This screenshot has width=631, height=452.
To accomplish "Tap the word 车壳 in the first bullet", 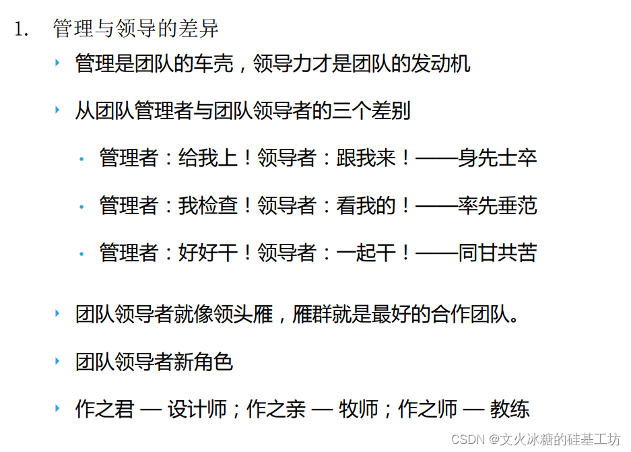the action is click(x=213, y=64).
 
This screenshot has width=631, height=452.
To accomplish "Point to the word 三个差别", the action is click(x=371, y=111).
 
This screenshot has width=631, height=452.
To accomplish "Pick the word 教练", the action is click(x=510, y=409).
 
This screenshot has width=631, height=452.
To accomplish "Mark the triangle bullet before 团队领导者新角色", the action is click(x=57, y=362).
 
